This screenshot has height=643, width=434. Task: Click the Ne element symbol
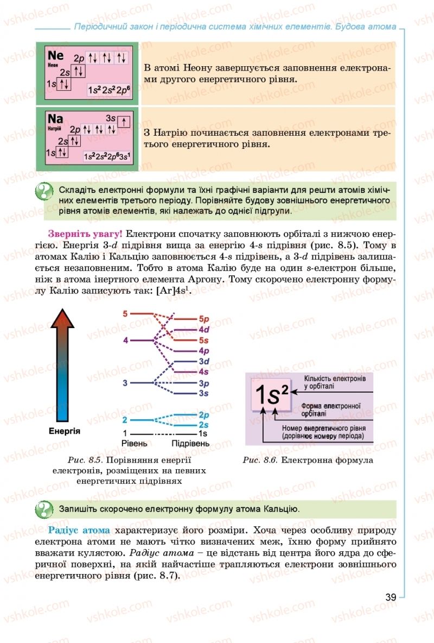(56, 55)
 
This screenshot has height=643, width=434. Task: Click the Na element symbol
(55, 119)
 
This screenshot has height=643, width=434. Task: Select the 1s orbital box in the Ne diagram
(63, 84)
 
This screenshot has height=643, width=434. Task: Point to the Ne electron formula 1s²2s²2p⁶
(109, 89)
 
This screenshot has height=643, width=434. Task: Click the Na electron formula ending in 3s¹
(107, 156)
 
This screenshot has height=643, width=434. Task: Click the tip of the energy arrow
(62, 312)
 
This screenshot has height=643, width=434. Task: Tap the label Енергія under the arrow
(65, 431)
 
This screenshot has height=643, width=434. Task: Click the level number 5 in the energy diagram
(125, 314)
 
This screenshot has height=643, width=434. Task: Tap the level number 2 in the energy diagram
(125, 420)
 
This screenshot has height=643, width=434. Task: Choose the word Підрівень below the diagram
(190, 444)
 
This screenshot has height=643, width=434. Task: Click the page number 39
(391, 597)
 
